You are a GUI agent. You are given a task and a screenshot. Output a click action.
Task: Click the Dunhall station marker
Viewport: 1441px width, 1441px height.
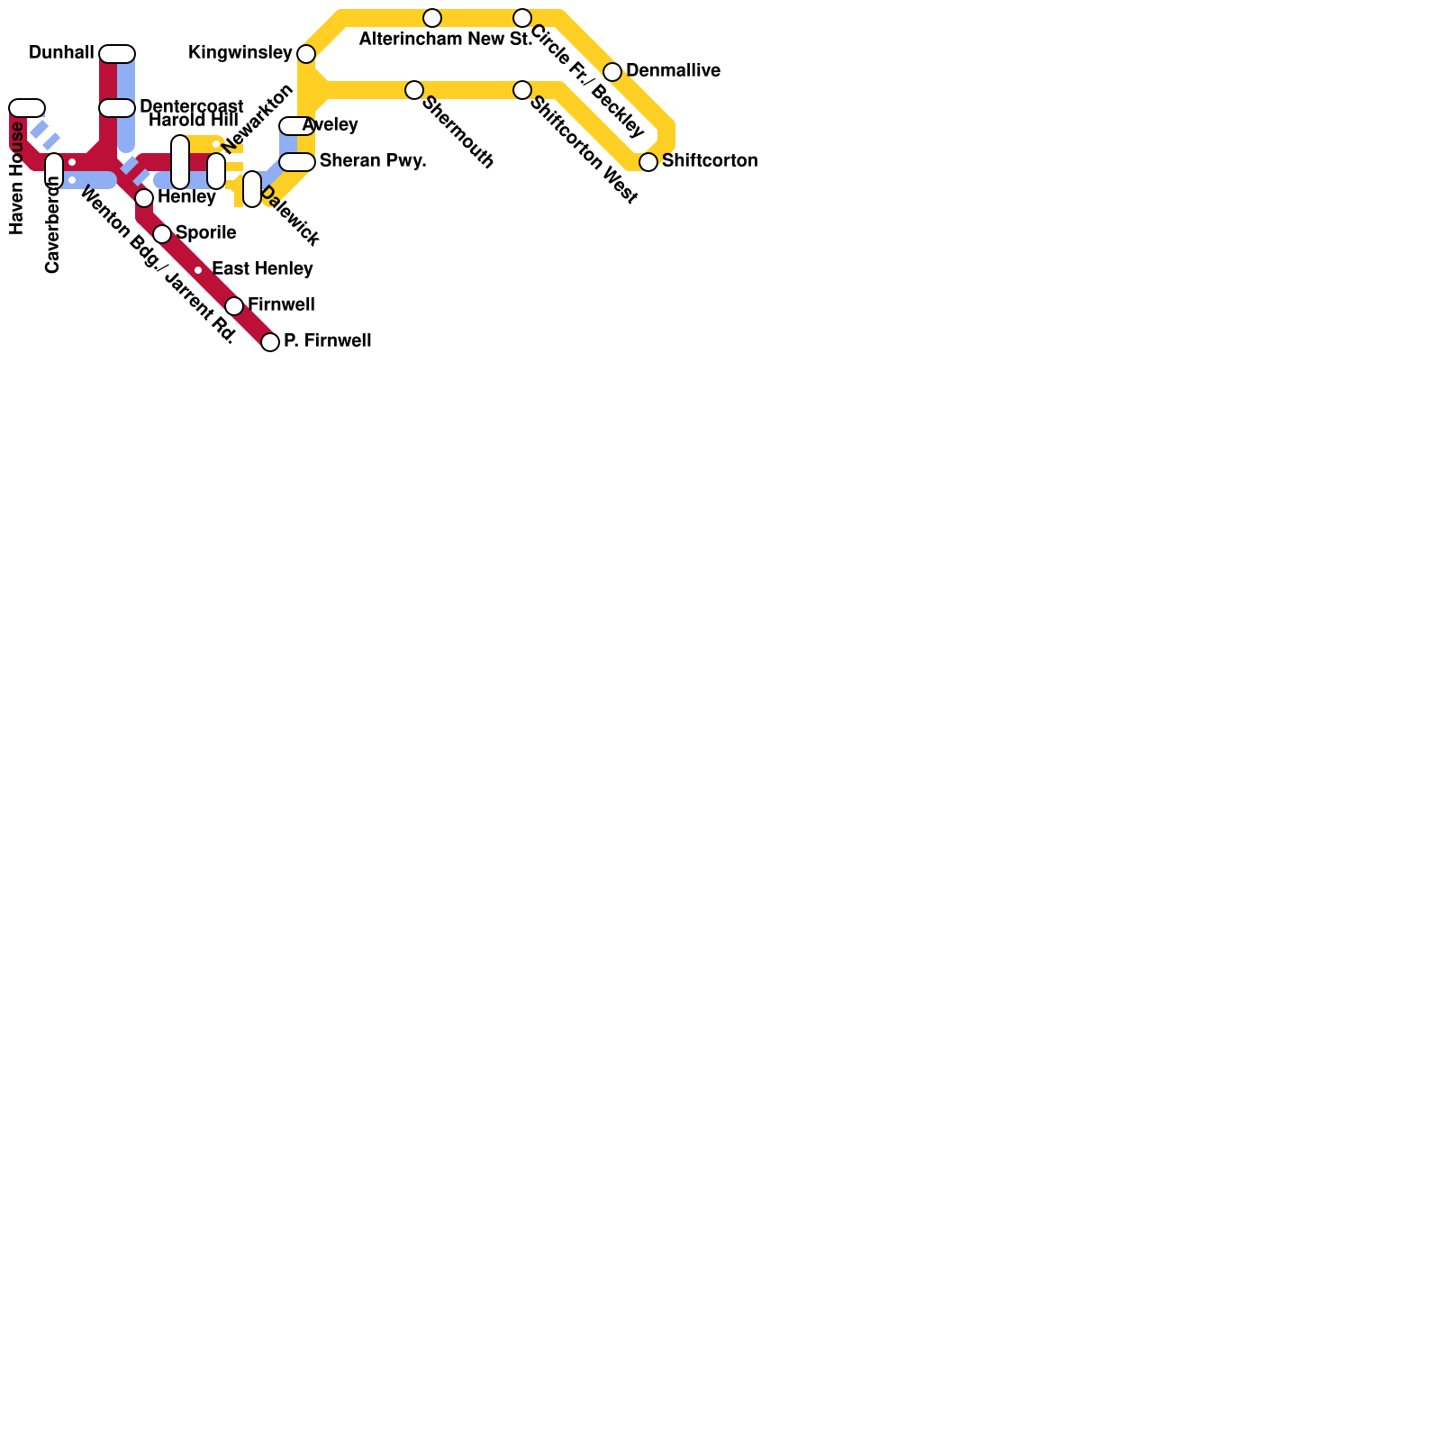point(117,54)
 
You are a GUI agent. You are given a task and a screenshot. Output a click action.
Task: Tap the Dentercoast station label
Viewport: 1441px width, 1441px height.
point(191,106)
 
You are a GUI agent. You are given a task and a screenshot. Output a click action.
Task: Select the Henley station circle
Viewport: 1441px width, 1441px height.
point(144,198)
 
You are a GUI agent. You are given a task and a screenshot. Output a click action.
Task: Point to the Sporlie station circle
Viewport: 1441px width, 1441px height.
point(162,234)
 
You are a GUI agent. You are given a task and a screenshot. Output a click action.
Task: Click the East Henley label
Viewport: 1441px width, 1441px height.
point(262,269)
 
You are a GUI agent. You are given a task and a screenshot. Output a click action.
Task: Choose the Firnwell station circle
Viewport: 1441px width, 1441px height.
point(234,306)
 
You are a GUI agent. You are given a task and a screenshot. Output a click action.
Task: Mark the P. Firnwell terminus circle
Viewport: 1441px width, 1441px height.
point(270,342)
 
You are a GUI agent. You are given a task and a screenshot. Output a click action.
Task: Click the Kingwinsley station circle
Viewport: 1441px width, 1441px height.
point(306,54)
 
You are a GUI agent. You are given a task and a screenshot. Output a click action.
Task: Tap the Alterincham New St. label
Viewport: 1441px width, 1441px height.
point(445,40)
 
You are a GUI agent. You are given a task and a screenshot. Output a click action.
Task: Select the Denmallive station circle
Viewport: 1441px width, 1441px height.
point(612,72)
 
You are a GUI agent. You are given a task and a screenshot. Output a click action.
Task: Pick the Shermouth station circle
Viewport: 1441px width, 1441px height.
point(414,90)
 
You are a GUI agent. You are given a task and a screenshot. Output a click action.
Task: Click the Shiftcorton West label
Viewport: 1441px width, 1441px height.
point(584,150)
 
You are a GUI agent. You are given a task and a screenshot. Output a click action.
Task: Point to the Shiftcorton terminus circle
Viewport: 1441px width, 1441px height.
point(648,162)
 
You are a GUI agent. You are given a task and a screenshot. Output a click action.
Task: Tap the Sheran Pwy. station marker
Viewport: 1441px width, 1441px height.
point(297,162)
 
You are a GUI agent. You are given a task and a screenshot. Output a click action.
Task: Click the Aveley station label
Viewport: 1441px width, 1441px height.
point(331,124)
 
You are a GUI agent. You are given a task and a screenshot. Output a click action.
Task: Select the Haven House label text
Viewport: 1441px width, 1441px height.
point(17,178)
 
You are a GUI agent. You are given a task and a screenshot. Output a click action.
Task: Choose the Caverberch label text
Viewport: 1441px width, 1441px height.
point(53,225)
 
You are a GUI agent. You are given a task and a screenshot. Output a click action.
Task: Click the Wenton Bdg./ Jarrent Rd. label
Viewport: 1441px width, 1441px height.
point(158,266)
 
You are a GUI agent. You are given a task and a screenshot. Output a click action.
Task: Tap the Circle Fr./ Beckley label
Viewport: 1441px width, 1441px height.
point(587,81)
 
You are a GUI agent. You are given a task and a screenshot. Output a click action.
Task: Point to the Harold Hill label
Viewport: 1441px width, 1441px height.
point(193,121)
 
